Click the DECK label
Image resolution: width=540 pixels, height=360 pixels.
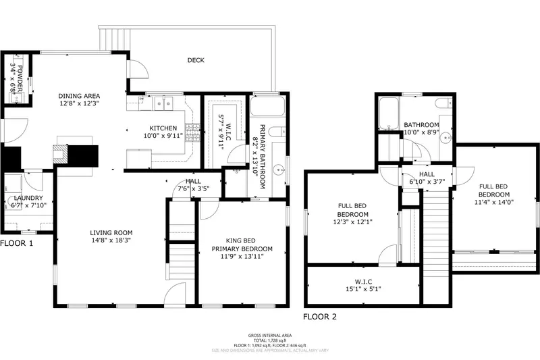(196, 60)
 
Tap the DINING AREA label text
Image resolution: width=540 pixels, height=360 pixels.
(79, 96)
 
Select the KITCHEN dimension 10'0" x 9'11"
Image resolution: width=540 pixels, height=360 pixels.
(163, 136)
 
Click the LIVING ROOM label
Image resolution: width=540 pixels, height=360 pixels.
(110, 233)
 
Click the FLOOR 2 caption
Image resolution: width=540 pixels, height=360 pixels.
(319, 316)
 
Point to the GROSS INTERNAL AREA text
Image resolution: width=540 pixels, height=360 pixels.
(269, 335)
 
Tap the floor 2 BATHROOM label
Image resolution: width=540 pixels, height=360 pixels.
(421, 125)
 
